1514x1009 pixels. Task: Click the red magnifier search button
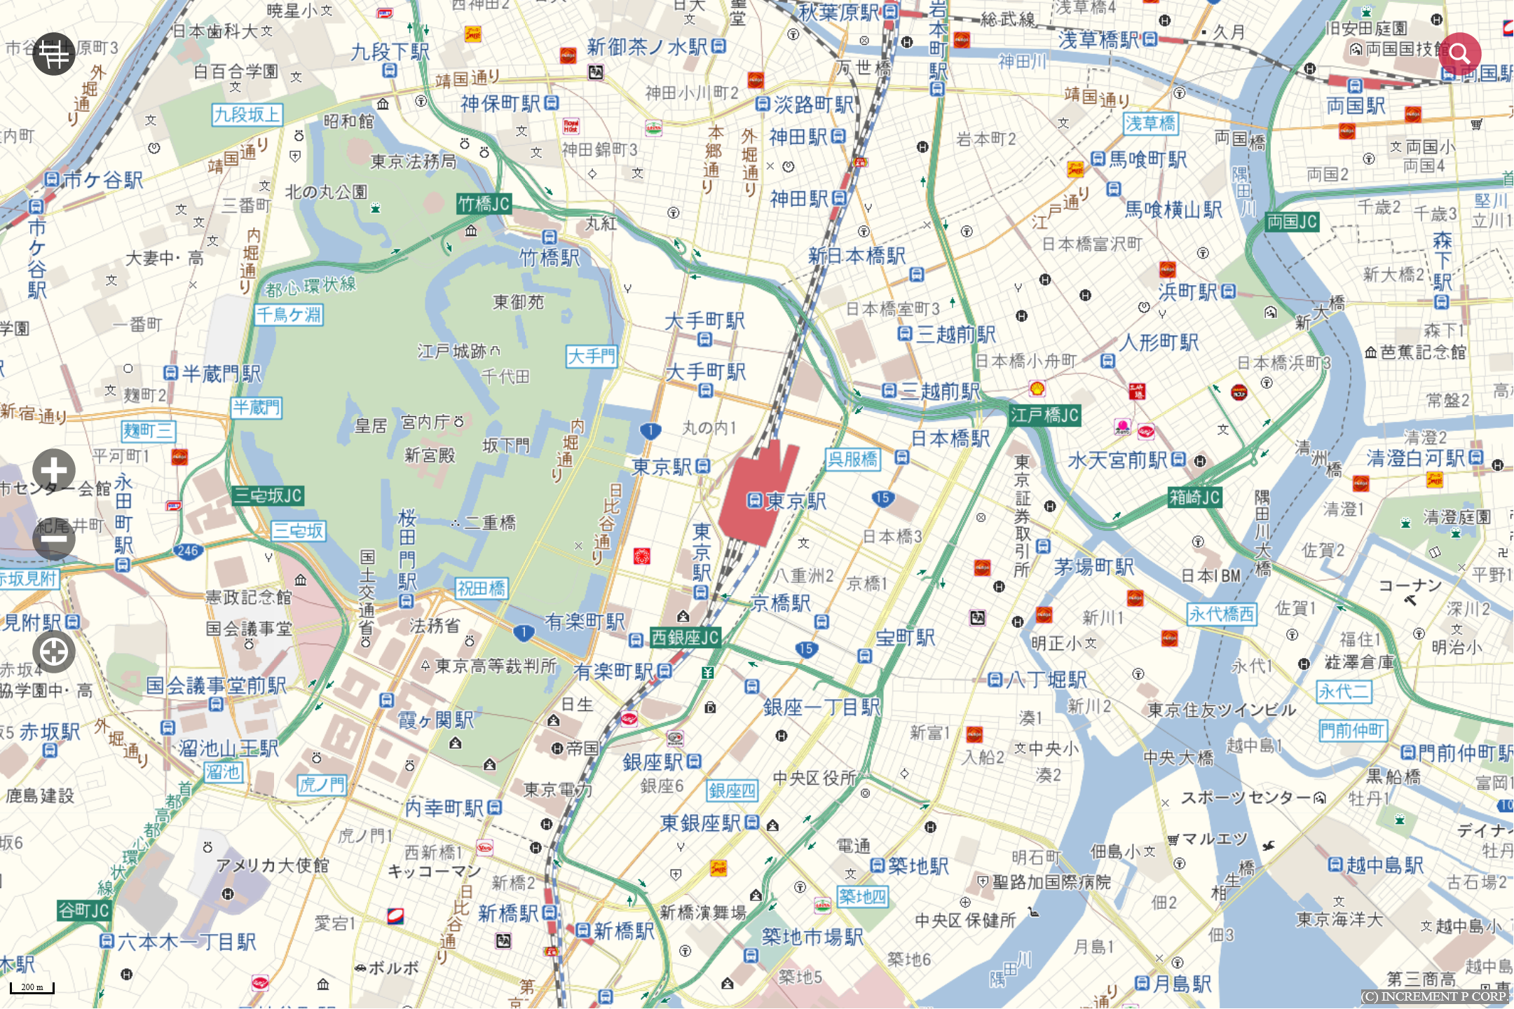click(x=1459, y=53)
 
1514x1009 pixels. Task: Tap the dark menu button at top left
click(x=54, y=54)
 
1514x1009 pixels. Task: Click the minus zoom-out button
click(x=54, y=538)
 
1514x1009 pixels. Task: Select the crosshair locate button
click(x=54, y=652)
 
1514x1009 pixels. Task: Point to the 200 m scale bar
click(x=32, y=987)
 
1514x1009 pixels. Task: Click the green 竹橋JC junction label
click(x=484, y=204)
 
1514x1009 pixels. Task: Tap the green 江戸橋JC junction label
click(x=1044, y=416)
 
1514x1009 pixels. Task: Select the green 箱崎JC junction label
click(x=1195, y=497)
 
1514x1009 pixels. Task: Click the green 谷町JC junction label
click(x=84, y=910)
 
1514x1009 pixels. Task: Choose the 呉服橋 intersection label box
click(x=852, y=460)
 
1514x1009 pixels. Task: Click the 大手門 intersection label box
click(x=592, y=357)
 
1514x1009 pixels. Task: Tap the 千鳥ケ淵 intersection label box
click(x=288, y=315)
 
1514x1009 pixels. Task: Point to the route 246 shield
click(x=188, y=551)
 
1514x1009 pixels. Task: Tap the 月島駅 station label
click(x=1182, y=984)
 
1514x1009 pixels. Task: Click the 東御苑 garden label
click(x=518, y=302)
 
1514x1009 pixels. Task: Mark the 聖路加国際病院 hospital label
click(x=1051, y=881)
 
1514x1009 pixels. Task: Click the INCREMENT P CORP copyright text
click(x=1434, y=996)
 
